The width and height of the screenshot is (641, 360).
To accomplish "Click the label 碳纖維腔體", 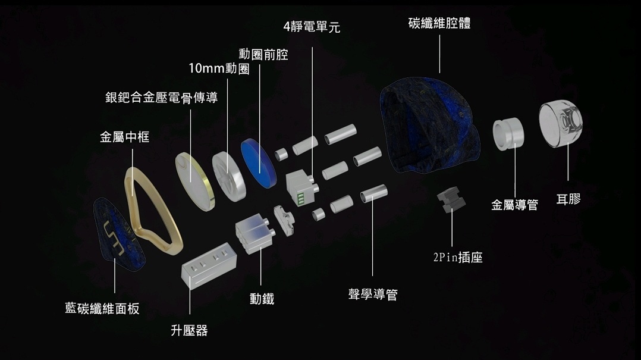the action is click(x=439, y=24).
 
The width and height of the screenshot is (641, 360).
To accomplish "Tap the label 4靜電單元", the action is click(x=312, y=27).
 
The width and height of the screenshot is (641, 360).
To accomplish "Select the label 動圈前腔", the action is click(x=263, y=55).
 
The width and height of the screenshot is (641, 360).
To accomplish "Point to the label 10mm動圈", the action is click(x=219, y=68).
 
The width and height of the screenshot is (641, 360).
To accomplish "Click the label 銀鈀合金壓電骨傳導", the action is click(x=161, y=97).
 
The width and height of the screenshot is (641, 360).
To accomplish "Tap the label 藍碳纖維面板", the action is click(x=102, y=308).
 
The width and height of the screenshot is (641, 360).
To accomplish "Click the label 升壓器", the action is click(x=189, y=330).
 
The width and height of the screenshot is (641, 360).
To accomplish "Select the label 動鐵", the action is click(x=262, y=299).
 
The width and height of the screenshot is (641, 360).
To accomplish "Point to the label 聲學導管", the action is click(x=373, y=294).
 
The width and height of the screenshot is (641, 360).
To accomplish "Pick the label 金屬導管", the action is click(x=514, y=205).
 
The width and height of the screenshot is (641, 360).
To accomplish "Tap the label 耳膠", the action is click(x=568, y=199).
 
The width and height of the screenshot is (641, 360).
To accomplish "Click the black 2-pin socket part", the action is click(x=451, y=199).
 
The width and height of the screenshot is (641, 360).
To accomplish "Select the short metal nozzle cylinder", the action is click(x=508, y=133).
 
